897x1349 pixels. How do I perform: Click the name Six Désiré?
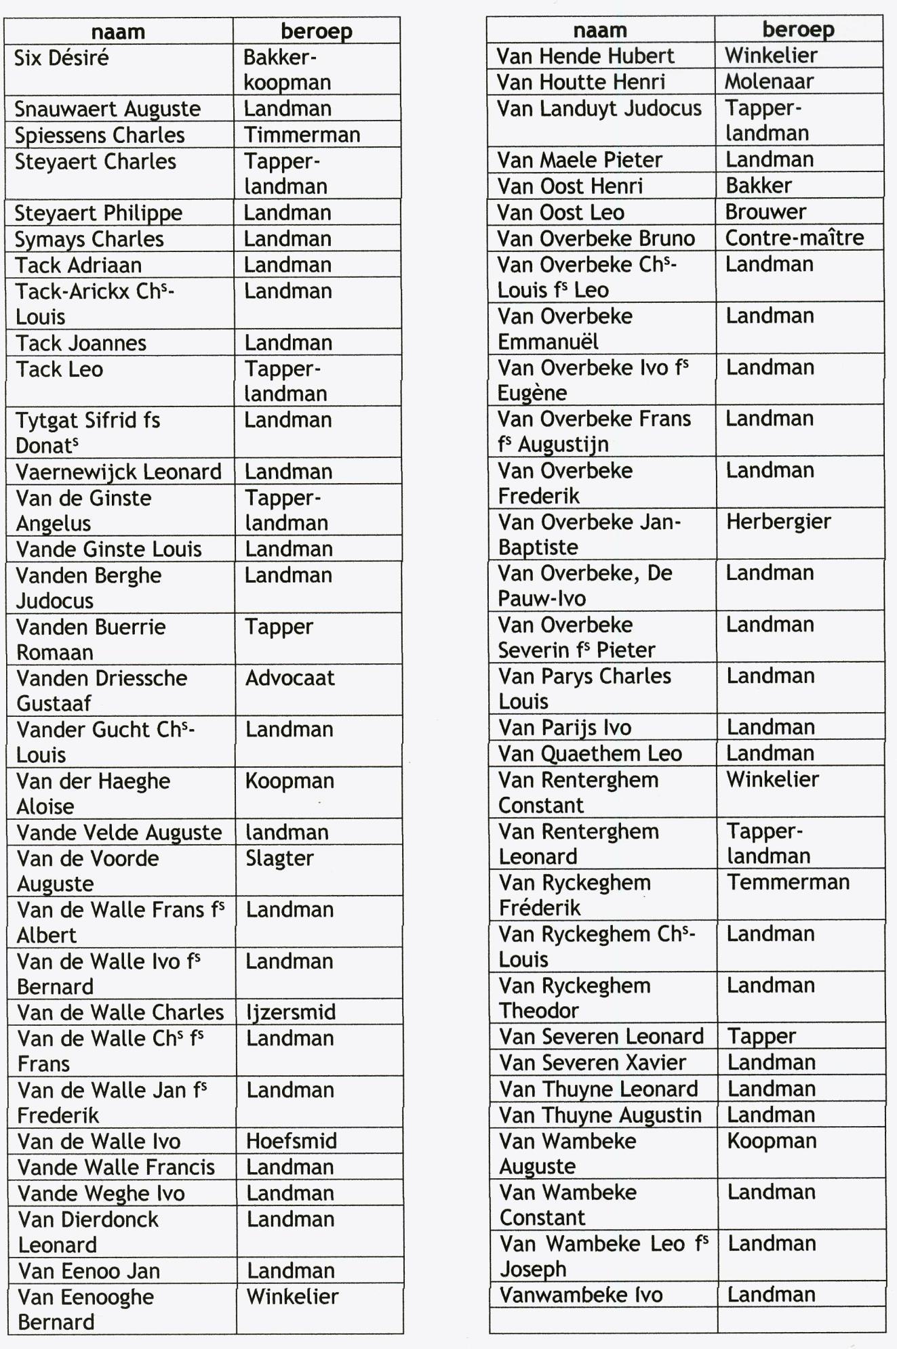coord(62,58)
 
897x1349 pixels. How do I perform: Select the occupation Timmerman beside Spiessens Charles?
coord(302,135)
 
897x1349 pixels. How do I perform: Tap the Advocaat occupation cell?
coord(290,678)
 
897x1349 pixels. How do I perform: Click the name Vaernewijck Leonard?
coord(119,472)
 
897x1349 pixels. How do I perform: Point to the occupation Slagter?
coord(279,858)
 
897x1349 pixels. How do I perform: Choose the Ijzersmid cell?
coord(291,1012)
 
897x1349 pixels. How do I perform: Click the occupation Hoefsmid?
coord(292,1141)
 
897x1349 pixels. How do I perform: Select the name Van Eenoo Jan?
coord(89,1271)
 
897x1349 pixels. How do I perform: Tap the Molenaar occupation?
coord(770,82)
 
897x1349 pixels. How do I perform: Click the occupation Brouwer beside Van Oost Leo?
coord(766,212)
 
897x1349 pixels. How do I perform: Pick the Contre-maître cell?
coord(795,238)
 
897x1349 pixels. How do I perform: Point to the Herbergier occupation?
coord(778,522)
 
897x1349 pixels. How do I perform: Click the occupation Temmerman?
coord(789,882)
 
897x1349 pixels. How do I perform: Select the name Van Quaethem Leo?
coord(591,753)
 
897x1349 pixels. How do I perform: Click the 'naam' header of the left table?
coord(118,32)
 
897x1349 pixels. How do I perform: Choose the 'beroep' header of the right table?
coord(799,30)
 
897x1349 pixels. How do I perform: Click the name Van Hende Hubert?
coord(585,56)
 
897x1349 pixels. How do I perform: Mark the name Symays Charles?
coord(89,239)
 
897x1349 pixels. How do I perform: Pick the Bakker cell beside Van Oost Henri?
coord(759,186)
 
